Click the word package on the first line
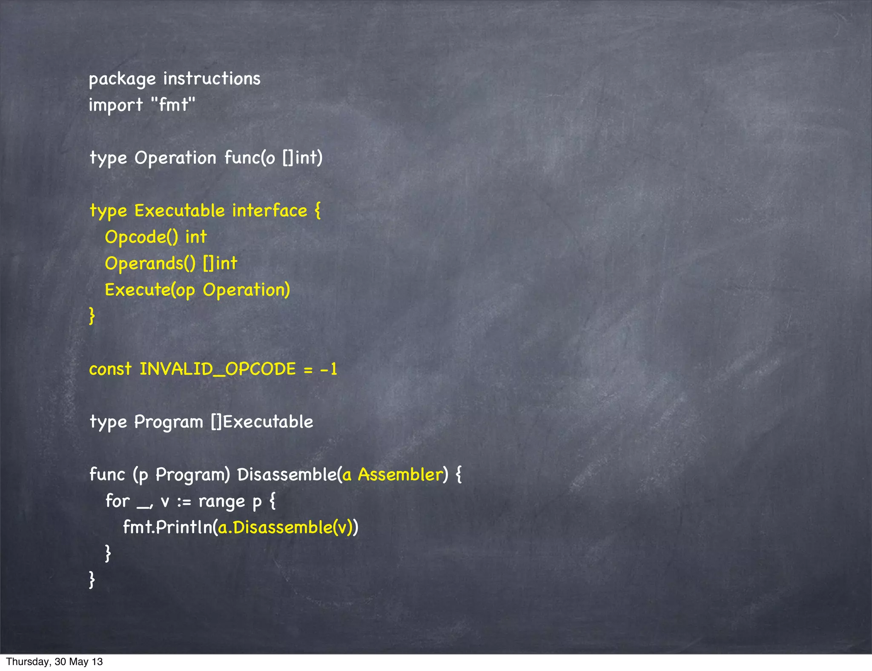[x=122, y=79]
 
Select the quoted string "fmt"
[x=173, y=104]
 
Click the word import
[x=115, y=105]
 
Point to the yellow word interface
[x=270, y=210]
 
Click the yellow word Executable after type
[x=179, y=210]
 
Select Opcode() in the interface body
[x=141, y=237]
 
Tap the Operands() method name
[x=150, y=264]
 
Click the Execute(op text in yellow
[x=150, y=290]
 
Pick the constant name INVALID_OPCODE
[x=218, y=369]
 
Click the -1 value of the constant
[x=329, y=369]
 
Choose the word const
[x=110, y=369]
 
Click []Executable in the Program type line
[x=262, y=422]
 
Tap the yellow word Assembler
[x=400, y=474]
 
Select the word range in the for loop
[x=221, y=501]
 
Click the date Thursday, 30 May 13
[x=54, y=662]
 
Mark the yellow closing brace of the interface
[x=92, y=316]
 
